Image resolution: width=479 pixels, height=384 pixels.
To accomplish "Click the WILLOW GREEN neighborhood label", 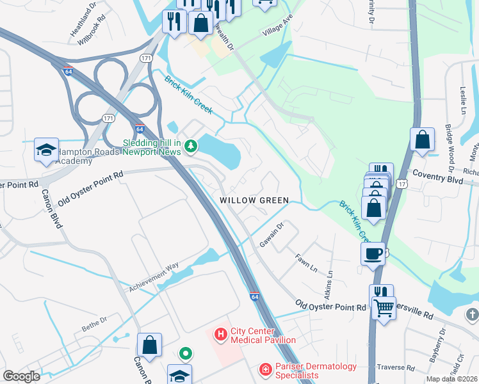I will click(x=255, y=200).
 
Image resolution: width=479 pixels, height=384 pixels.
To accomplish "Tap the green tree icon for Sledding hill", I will click(x=190, y=148).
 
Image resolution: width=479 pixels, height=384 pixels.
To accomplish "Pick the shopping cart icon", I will click(x=384, y=308).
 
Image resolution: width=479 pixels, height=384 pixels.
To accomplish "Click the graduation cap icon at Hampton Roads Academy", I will click(x=46, y=150).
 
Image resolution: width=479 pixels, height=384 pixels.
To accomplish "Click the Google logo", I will click(x=21, y=376).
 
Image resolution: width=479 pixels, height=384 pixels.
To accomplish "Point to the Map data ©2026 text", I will click(x=451, y=379).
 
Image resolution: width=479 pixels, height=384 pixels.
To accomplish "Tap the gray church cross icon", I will click(x=472, y=314).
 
